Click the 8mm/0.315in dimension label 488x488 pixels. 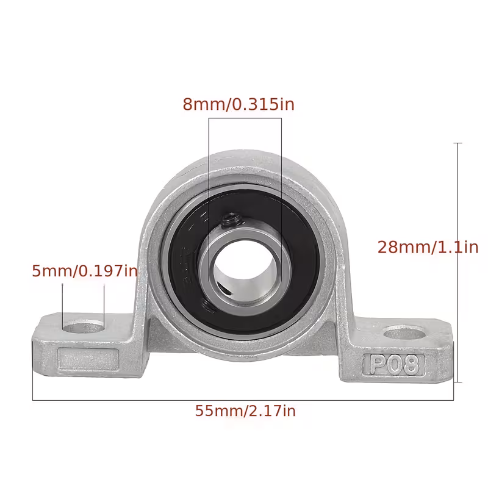tap(239, 104)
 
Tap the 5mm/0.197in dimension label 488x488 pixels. tap(85, 271)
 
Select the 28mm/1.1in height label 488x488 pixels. tap(428, 247)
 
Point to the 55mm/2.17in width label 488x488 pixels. tap(245, 411)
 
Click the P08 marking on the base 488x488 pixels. tap(393, 365)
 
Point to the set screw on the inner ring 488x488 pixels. tap(231, 218)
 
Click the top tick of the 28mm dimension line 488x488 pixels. tap(458, 143)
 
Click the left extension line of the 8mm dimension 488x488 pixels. tap(208, 171)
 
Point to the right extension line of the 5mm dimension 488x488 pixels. tap(104, 305)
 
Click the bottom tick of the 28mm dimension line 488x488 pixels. tap(458, 382)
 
